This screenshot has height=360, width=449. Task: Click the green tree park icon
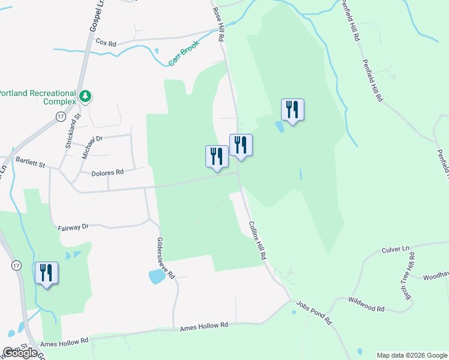[85, 97]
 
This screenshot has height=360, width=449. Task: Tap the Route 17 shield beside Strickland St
[60, 116]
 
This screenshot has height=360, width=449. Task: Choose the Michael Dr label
[92, 146]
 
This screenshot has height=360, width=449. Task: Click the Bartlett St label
[31, 161]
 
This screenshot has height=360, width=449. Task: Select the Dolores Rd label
[107, 172]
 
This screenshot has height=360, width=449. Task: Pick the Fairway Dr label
[73, 227]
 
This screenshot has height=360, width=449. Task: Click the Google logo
[20, 353]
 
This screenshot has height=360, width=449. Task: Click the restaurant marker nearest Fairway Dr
[46, 274]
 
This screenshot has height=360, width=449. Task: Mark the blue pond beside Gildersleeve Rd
[156, 277]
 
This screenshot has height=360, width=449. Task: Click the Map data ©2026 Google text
[412, 355]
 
